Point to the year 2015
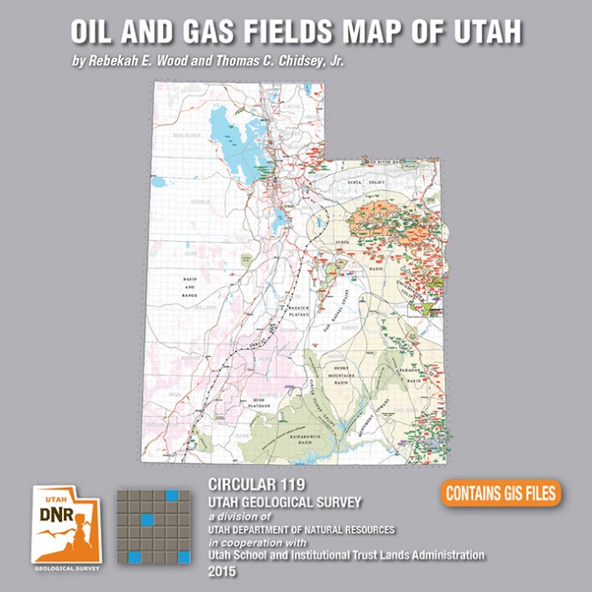pos(223,572)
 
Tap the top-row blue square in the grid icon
pos(172,495)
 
